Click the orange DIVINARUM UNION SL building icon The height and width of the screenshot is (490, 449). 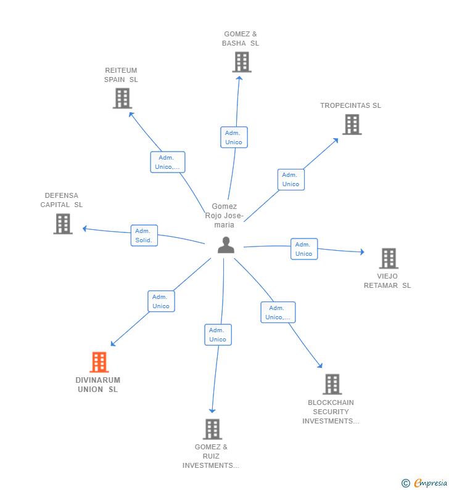99,362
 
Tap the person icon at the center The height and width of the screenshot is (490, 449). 226,245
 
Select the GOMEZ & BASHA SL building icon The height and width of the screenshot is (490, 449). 242,62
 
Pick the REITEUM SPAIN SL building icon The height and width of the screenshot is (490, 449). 122,99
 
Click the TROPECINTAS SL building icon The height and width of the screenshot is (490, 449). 352,125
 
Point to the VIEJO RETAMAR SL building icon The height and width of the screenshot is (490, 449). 389,258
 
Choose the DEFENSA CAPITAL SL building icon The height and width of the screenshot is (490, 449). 63,224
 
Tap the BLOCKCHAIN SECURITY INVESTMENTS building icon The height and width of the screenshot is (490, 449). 332,384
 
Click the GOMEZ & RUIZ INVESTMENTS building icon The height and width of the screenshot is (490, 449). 212,429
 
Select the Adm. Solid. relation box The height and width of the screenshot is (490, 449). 144,235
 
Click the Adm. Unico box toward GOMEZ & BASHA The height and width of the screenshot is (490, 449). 234,137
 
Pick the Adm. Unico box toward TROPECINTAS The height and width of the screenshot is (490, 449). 291,179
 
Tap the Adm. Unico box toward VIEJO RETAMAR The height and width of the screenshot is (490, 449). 304,249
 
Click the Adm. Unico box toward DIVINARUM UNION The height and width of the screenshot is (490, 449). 162,301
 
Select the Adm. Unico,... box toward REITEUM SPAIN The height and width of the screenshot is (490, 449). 168,162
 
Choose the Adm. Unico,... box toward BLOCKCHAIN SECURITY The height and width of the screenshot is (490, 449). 278,312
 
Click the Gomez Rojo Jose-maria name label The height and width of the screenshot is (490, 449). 224,215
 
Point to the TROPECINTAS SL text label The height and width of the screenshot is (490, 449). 350,105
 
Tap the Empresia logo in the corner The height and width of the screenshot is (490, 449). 424,483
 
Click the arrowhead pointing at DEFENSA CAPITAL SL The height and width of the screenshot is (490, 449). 84,229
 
